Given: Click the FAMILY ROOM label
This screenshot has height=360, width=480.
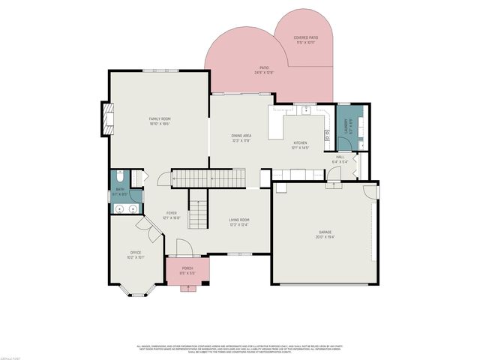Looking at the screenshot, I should pyautogui.click(x=159, y=118).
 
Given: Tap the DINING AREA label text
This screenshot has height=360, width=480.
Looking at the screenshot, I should pyautogui.click(x=241, y=136).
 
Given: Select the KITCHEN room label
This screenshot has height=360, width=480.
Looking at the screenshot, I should pyautogui.click(x=300, y=143).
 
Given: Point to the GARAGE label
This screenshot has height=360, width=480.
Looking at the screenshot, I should pyautogui.click(x=324, y=232).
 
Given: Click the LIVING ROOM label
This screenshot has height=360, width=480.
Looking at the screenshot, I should pyautogui.click(x=239, y=220).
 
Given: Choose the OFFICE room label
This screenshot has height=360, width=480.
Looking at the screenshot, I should pyautogui.click(x=136, y=252).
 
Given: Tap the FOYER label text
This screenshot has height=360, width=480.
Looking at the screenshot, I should pyautogui.click(x=172, y=213).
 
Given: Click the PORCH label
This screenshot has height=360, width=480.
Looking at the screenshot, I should pyautogui.click(x=187, y=268).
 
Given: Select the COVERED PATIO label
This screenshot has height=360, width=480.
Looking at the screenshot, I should pyautogui.click(x=305, y=37).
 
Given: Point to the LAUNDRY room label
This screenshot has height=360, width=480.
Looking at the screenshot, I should pyautogui.click(x=346, y=124).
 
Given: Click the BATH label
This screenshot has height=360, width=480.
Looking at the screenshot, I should pyautogui.click(x=118, y=190).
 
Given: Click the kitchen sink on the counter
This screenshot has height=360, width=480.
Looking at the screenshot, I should pyautogui.click(x=307, y=111).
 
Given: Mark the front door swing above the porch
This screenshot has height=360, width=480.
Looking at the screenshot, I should pyautogui.click(x=182, y=247).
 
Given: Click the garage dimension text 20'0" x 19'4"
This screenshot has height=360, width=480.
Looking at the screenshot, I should pyautogui.click(x=324, y=237).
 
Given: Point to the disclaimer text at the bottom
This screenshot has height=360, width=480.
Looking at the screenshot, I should pyautogui.click(x=240, y=349).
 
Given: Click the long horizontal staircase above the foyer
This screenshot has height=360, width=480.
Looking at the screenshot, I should pyautogui.click(x=204, y=178).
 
